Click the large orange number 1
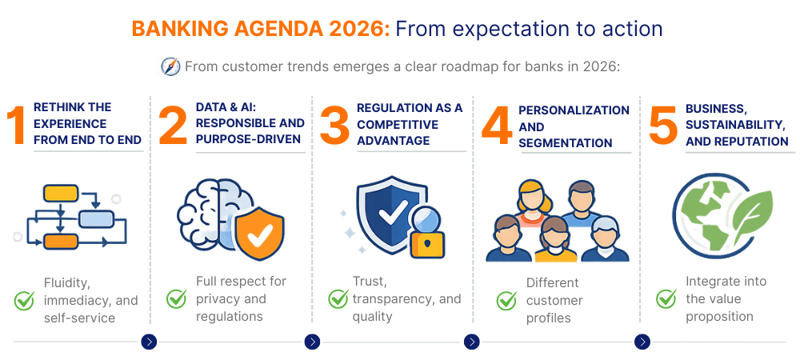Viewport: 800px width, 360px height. click(x=17, y=126)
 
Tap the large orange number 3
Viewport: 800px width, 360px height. click(x=334, y=126)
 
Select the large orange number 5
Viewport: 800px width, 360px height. click(x=662, y=126)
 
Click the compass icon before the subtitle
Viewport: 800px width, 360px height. click(x=170, y=66)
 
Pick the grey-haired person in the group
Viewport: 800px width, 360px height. click(x=606, y=237)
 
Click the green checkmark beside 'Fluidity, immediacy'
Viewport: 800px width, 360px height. click(x=24, y=301)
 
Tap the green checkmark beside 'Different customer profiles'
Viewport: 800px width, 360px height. click(x=506, y=301)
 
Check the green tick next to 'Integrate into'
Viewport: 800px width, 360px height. click(x=666, y=299)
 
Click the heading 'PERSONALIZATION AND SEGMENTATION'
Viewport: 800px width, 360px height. click(x=574, y=126)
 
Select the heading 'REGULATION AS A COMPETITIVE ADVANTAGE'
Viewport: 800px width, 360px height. click(x=410, y=124)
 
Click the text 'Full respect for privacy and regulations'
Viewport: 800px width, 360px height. click(x=241, y=298)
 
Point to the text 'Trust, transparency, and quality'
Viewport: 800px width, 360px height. click(x=406, y=298)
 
